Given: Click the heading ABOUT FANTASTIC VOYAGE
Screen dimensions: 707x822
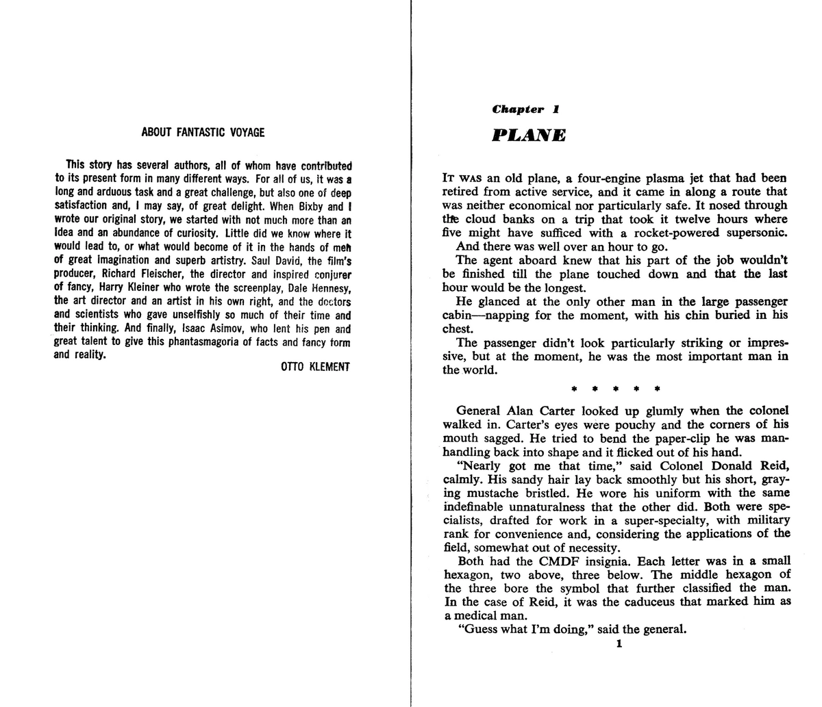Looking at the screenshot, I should pyautogui.click(x=203, y=132).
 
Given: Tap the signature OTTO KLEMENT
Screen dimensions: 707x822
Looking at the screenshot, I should pyautogui.click(x=315, y=367).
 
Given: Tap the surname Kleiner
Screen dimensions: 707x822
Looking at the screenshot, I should pyautogui.click(x=156, y=287).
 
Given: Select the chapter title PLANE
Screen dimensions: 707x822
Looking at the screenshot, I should pyautogui.click(x=529, y=136).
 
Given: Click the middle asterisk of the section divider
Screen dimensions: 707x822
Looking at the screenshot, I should pyautogui.click(x=615, y=389).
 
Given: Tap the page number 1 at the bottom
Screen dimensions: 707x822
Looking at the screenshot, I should pyautogui.click(x=619, y=644).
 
